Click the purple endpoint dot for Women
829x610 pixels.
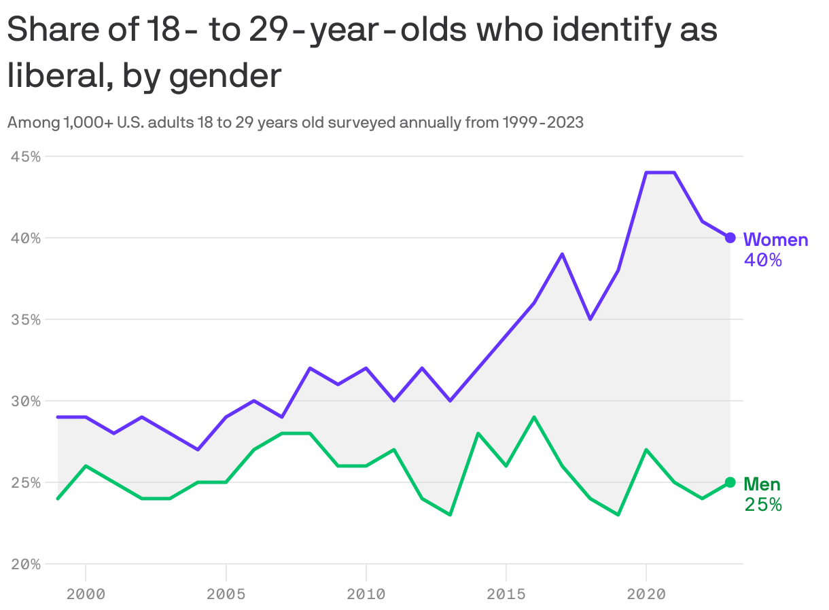(x=730, y=238)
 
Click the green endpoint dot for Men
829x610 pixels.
(x=730, y=482)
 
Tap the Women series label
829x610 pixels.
(x=775, y=240)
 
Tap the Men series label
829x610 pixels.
(x=762, y=484)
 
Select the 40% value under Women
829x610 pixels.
(x=762, y=260)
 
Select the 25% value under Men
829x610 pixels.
(x=762, y=505)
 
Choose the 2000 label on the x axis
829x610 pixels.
(x=86, y=594)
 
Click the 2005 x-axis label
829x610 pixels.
(x=226, y=594)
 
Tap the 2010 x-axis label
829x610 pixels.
(x=366, y=594)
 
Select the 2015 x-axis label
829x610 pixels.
(x=506, y=594)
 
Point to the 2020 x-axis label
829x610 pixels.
(x=646, y=594)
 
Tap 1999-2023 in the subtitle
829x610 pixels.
(x=542, y=123)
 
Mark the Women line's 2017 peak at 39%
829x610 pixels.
(x=562, y=254)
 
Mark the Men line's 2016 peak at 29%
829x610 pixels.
(x=534, y=417)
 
